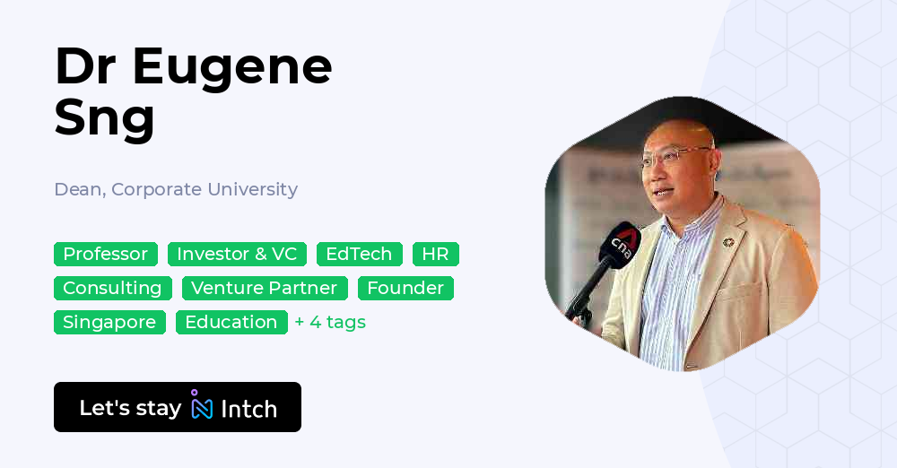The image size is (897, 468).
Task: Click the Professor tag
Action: pyautogui.click(x=105, y=254)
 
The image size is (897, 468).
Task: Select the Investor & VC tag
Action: pyautogui.click(x=237, y=254)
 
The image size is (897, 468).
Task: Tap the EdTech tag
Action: pyautogui.click(x=359, y=254)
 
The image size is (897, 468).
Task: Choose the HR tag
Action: pyautogui.click(x=435, y=254)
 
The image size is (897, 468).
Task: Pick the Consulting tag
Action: pyautogui.click(x=112, y=288)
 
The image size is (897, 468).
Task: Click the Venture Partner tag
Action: pyautogui.click(x=265, y=288)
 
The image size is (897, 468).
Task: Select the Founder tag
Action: pyautogui.click(x=405, y=288)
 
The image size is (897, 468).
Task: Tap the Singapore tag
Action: pyautogui.click(x=109, y=322)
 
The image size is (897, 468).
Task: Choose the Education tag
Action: pyautogui.click(x=231, y=322)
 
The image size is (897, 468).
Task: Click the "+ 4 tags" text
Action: pyautogui.click(x=330, y=322)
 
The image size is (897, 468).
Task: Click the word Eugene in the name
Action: pyautogui.click(x=233, y=67)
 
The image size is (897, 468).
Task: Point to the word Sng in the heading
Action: pyautogui.click(x=105, y=117)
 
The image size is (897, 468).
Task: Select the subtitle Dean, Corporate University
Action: pyautogui.click(x=176, y=189)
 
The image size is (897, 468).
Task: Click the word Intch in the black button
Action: pyautogui.click(x=248, y=409)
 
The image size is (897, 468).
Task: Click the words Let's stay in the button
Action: pyautogui.click(x=130, y=408)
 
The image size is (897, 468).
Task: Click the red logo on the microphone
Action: pyautogui.click(x=623, y=242)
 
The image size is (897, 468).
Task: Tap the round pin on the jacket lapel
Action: pyautogui.click(x=728, y=242)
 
